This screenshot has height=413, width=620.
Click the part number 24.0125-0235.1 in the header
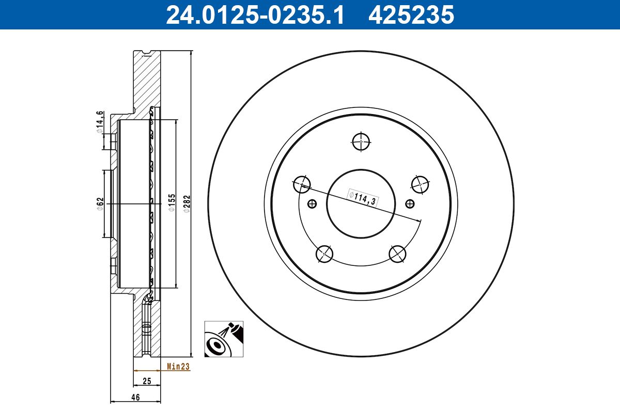[x=255, y=14]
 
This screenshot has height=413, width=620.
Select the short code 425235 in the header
[x=411, y=14]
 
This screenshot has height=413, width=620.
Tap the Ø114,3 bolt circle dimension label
[x=362, y=198]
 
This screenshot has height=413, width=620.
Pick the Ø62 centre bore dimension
[x=100, y=203]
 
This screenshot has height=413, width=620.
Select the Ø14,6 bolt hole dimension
[x=100, y=122]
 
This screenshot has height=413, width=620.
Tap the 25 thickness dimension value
[x=147, y=382]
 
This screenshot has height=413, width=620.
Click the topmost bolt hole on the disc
[x=361, y=140]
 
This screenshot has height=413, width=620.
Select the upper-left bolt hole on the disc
[x=302, y=183]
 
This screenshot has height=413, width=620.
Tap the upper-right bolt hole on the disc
[x=421, y=183]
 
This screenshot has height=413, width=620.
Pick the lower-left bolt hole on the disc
[x=324, y=253]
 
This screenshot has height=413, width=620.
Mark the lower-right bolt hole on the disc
[x=398, y=253]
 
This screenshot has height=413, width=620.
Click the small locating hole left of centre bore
[x=312, y=204]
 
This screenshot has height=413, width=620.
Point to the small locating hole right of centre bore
[x=410, y=204]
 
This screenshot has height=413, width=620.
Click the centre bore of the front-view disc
[x=361, y=203]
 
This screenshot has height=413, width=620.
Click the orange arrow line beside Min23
[x=147, y=370]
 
